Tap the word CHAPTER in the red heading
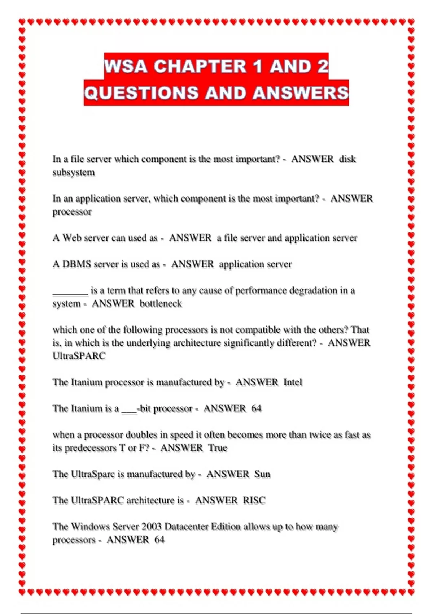[200, 66]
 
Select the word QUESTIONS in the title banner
[141, 93]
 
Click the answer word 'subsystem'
[74, 172]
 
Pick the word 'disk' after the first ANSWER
[347, 159]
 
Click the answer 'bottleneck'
[161, 303]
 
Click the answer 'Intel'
[293, 382]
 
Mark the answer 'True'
[218, 448]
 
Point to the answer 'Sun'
[262, 474]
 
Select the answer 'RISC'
[254, 500]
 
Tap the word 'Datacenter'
[186, 527]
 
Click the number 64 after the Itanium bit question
[256, 408]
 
